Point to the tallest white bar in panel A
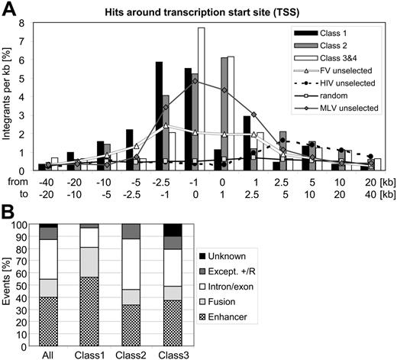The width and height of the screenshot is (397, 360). point(202,99)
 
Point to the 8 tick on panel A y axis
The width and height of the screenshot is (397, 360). point(24,23)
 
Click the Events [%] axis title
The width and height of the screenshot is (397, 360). point(10,287)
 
